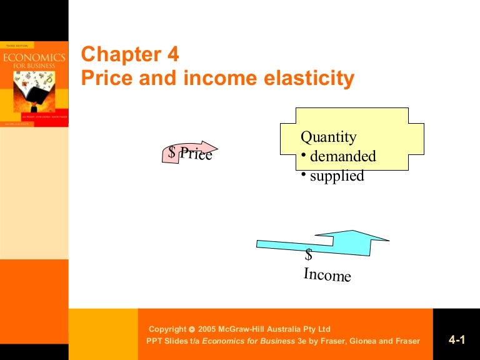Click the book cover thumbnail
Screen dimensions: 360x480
tap(34, 84)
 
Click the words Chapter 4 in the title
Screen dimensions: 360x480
tap(130, 55)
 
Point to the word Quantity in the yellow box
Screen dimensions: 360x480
tap(328, 137)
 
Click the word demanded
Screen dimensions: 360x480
tap(342, 156)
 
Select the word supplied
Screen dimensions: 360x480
tap(337, 176)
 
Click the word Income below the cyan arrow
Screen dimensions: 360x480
tap(327, 274)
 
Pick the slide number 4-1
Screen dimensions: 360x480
tap(457, 340)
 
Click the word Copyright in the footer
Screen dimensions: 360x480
tap(167, 329)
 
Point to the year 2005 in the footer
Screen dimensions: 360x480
tap(208, 329)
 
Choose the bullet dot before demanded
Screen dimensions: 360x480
tap(303, 155)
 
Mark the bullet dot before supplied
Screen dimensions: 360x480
tap(303, 175)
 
